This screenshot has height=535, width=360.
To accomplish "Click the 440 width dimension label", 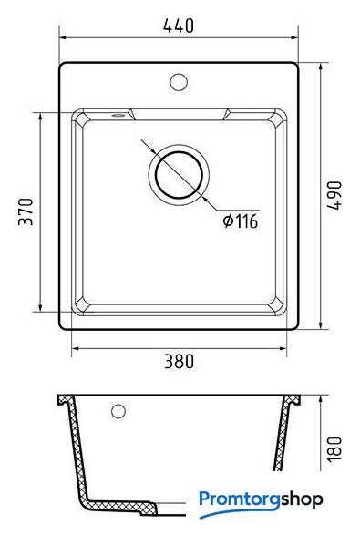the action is [x=179, y=26].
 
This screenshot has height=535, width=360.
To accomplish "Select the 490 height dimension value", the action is [x=334, y=195].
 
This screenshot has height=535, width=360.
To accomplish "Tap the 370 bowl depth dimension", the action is [x=26, y=211].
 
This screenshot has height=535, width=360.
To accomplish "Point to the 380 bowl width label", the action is [x=180, y=361].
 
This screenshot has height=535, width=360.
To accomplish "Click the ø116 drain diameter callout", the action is [x=241, y=221].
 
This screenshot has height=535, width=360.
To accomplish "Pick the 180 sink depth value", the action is [x=334, y=449].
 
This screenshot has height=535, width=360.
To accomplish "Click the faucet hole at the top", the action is [x=179, y=82].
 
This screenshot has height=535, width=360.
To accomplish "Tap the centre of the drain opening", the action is [x=179, y=175].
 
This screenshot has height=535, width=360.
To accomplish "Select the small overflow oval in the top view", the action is [x=118, y=116].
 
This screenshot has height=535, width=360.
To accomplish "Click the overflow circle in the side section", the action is [x=118, y=411].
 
